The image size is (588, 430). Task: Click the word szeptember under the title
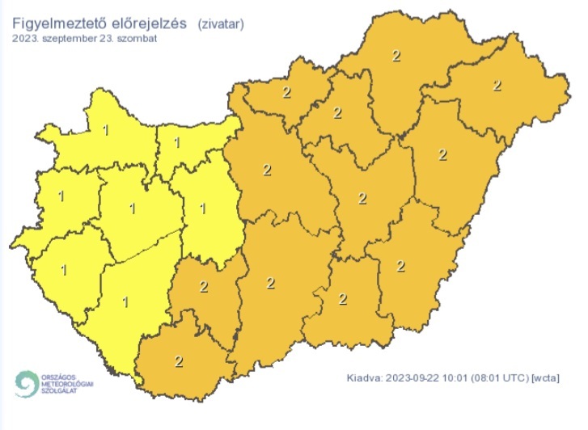[67, 37]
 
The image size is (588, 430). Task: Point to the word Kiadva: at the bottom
[363, 377]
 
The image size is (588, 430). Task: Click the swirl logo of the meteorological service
[26, 382]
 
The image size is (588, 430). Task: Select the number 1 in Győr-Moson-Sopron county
[108, 129]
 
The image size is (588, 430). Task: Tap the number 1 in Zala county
[63, 269]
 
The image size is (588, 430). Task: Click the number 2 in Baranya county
[177, 360]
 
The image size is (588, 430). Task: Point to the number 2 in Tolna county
[203, 286]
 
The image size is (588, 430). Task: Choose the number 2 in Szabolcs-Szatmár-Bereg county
[497, 85]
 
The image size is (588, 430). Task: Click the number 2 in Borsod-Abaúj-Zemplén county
[396, 55]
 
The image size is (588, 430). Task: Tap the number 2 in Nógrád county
[286, 91]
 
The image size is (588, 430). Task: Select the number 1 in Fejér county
[202, 209]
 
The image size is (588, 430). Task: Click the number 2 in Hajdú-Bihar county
[442, 154]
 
